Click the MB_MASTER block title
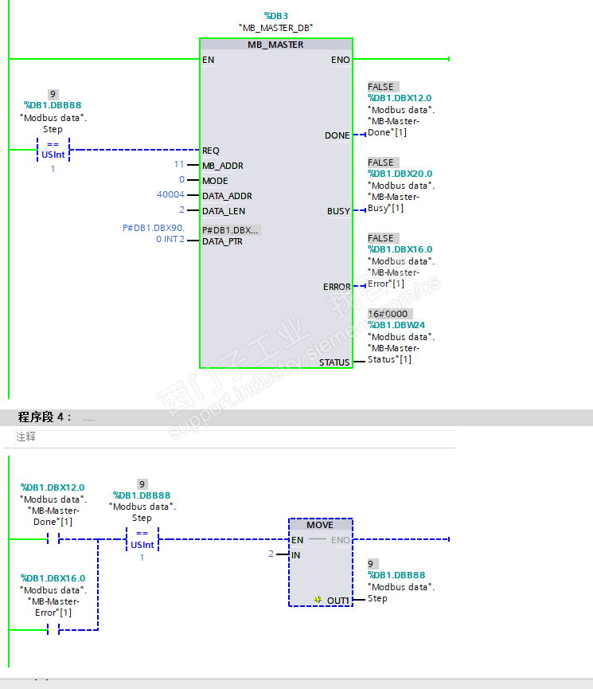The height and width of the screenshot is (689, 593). coord(275,45)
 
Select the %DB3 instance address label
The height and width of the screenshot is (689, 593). coord(275,15)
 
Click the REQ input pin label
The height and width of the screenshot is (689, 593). coord(211,151)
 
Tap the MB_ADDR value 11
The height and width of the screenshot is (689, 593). coord(179,165)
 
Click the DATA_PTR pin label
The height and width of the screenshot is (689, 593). coord(222,241)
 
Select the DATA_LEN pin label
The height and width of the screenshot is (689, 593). coord(224,211)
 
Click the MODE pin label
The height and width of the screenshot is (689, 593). coord(215,181)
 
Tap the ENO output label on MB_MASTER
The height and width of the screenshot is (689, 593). coord(340,60)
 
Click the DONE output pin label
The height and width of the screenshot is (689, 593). coord(337,135)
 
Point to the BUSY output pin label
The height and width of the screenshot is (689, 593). coord(338,211)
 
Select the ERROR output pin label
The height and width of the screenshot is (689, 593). coord(337,287)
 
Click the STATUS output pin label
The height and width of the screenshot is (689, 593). coord(334,362)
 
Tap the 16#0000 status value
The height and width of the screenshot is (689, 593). coord(388,314)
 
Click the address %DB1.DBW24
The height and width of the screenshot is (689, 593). coord(396,325)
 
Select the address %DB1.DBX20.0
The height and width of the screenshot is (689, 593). coord(400,174)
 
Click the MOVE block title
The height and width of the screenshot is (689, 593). coord(320,525)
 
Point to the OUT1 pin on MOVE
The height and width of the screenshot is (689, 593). coord(338,600)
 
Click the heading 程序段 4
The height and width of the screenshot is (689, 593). coord(44,417)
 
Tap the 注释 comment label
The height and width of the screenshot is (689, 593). coord(26,437)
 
